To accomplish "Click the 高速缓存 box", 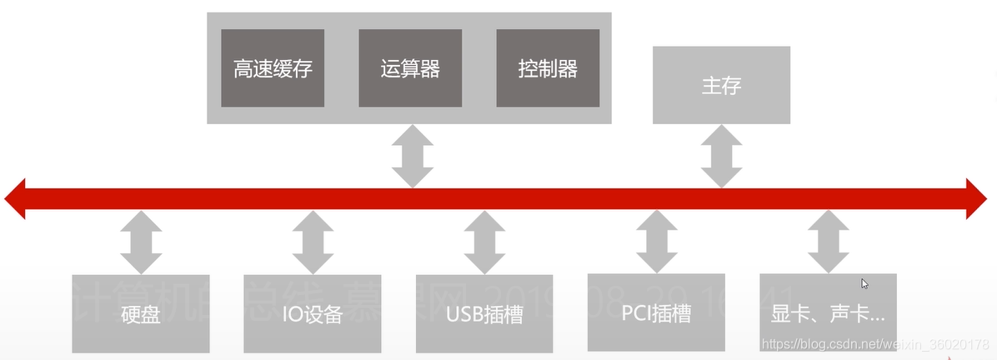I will pyautogui.click(x=273, y=68).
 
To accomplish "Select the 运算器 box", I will pyautogui.click(x=410, y=68).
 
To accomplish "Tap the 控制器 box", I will pyautogui.click(x=548, y=68).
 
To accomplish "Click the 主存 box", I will pyautogui.click(x=721, y=85).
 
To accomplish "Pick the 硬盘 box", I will pyautogui.click(x=141, y=313).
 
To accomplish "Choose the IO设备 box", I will pyautogui.click(x=313, y=313).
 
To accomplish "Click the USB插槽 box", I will pyautogui.click(x=484, y=313).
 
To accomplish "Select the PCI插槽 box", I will pyautogui.click(x=656, y=312).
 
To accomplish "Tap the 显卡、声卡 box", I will pyautogui.click(x=828, y=313).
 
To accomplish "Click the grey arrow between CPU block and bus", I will pyautogui.click(x=412, y=156).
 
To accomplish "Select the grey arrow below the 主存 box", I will pyautogui.click(x=721, y=156).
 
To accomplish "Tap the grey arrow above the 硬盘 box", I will pyautogui.click(x=141, y=242).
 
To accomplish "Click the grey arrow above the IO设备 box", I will pyautogui.click(x=313, y=242).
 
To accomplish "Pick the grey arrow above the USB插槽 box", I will pyautogui.click(x=484, y=242).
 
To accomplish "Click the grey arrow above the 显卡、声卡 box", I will pyautogui.click(x=828, y=242).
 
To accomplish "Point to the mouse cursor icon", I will pyautogui.click(x=865, y=284).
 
